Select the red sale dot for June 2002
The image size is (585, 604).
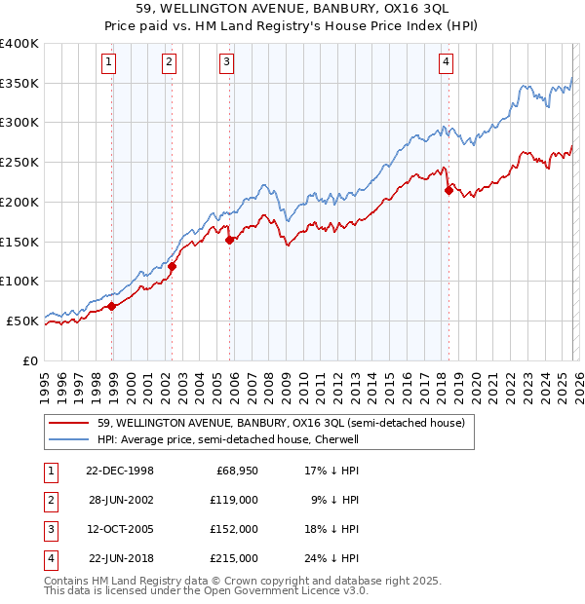pyautogui.click(x=172, y=266)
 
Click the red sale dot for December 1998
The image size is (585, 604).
pyautogui.click(x=112, y=306)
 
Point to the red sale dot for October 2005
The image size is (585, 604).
pyautogui.click(x=229, y=240)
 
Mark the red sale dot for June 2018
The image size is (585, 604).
pyautogui.click(x=448, y=190)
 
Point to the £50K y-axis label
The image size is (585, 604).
pyautogui.click(x=22, y=321)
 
